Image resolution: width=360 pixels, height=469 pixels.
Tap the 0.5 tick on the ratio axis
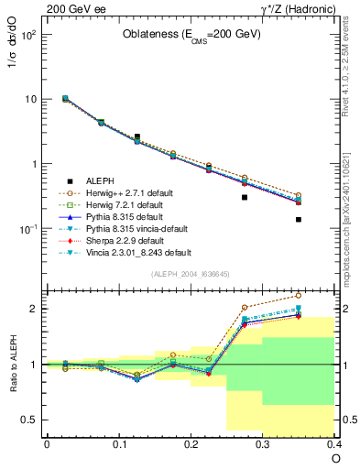click(x=27, y=420)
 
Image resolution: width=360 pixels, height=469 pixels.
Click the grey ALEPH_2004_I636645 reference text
click(x=190, y=275)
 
